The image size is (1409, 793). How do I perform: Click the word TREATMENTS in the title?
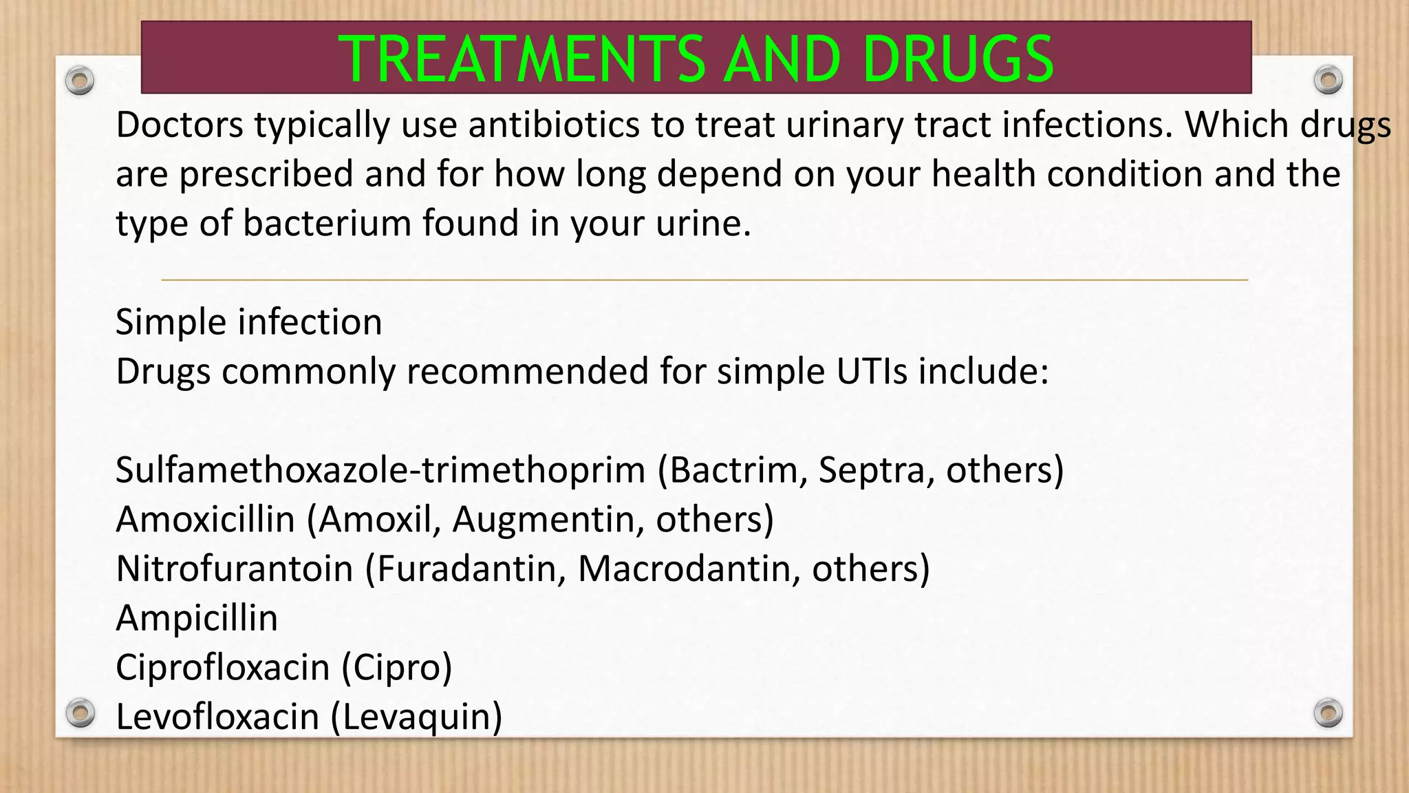click(521, 59)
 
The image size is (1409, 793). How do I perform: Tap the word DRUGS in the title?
click(957, 59)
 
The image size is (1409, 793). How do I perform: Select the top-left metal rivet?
click(80, 81)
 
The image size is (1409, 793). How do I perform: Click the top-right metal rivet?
click(1328, 81)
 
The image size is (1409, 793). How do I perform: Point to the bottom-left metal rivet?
click(80, 712)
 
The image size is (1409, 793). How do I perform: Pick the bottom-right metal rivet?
click(1328, 712)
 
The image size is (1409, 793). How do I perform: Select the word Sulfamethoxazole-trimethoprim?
click(380, 471)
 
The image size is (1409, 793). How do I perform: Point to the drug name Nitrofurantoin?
click(235, 569)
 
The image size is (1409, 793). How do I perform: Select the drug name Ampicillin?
click(197, 618)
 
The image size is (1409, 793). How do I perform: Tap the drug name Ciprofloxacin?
click(223, 668)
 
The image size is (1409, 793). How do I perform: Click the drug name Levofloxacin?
click(217, 717)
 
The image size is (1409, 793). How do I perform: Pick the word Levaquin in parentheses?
click(416, 717)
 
